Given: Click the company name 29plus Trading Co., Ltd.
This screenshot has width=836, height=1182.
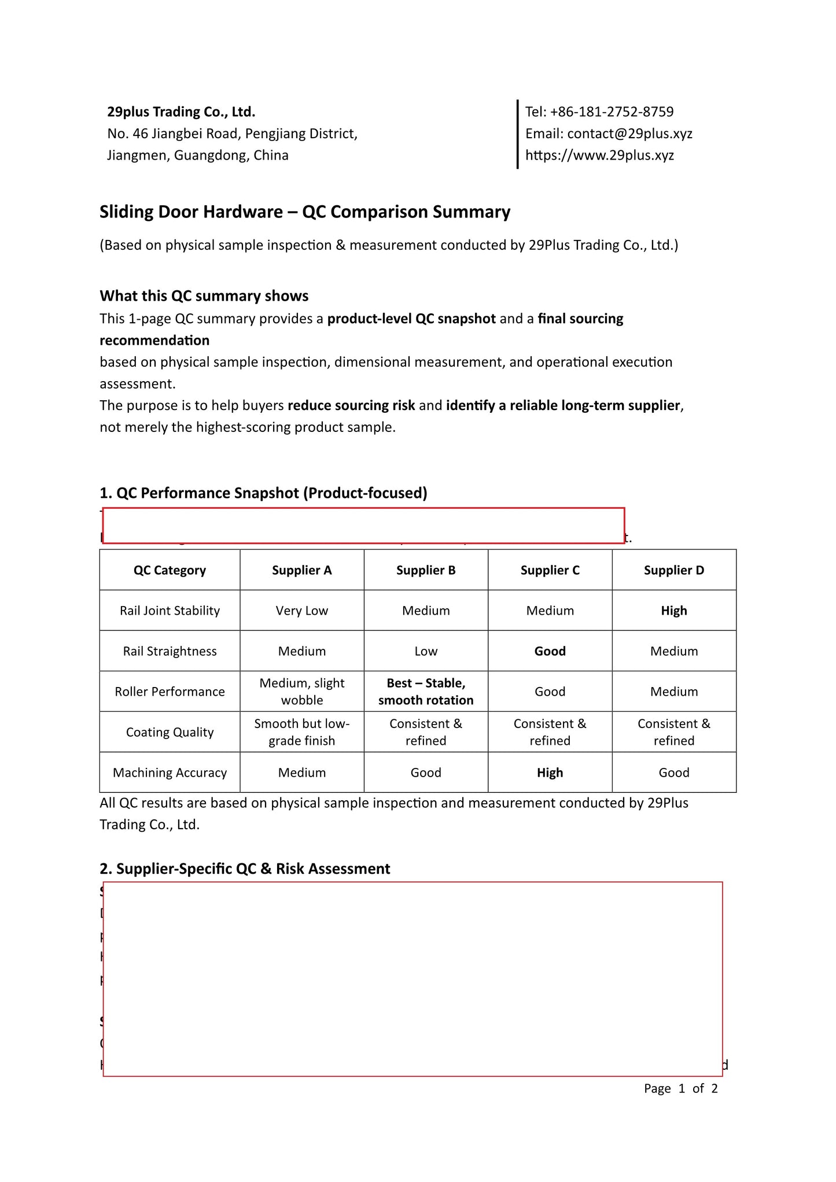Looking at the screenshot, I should pos(181,112).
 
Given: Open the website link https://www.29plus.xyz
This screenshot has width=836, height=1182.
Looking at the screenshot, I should pos(599,155).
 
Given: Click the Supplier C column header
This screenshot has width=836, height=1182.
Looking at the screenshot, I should pos(550,570).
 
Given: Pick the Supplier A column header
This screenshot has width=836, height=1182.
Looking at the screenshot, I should pos(301,570).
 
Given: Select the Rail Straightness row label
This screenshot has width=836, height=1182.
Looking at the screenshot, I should pos(170,651).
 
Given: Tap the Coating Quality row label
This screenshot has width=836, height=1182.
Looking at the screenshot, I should pos(170,732).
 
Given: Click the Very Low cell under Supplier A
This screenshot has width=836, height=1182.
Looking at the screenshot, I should pos(301,611).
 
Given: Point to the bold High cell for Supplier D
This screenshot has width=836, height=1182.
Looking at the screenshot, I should pos(674,611).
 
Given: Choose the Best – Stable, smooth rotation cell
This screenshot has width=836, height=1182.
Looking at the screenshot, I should pos(426,692).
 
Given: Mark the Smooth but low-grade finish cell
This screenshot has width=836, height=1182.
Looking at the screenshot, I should pos(301,732).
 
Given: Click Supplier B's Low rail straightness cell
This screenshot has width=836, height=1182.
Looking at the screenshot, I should pos(426,651).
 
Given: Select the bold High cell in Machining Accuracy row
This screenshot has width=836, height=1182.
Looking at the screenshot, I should pos(550,773).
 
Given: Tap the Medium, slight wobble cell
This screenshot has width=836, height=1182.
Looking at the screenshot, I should pos(301,692).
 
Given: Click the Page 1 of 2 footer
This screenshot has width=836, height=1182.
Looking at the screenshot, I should pos(680,1088).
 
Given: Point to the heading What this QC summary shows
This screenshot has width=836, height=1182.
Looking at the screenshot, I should pos(204,296).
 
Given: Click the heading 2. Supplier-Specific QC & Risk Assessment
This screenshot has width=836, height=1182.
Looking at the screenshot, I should pos(245,869).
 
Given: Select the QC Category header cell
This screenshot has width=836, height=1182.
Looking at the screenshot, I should pos(170,570).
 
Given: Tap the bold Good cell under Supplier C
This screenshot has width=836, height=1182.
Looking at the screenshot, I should pos(550,651).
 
